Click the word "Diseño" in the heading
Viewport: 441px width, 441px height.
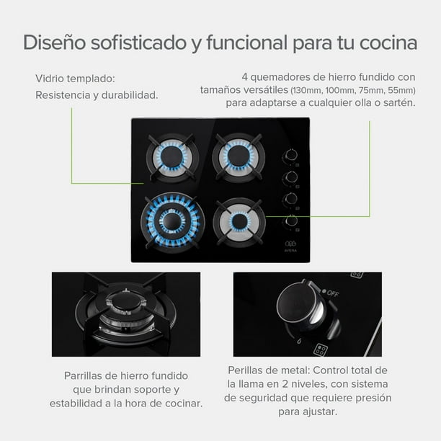click(54, 43)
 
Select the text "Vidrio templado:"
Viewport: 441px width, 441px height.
click(75, 79)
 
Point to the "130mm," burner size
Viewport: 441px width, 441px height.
click(307, 90)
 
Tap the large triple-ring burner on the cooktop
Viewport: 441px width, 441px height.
click(172, 222)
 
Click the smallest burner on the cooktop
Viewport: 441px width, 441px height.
click(239, 221)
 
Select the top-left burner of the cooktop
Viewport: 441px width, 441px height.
click(172, 158)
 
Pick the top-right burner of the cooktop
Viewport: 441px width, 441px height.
click(239, 157)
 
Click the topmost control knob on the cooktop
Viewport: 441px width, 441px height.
click(290, 155)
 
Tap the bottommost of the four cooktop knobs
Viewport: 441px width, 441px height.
click(291, 220)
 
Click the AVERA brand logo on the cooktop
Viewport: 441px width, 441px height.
click(290, 246)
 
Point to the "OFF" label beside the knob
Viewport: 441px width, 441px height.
click(333, 293)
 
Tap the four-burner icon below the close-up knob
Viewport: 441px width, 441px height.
click(321, 349)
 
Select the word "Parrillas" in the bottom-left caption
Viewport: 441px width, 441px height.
click(84, 375)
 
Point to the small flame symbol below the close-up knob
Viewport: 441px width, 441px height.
click(299, 341)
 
